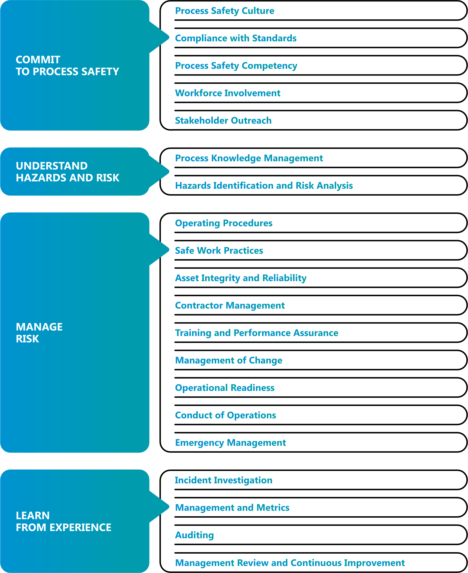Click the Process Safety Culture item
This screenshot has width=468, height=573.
coord(224,11)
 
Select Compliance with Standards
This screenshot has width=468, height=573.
coord(236,38)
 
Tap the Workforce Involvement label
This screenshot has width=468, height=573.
coord(227,93)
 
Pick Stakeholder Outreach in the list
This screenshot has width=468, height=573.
coord(223,121)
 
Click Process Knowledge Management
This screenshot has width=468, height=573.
coord(249,158)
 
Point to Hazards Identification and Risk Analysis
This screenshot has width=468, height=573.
coord(264,186)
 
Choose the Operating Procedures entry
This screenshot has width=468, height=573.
coord(224,223)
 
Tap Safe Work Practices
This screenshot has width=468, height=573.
coord(219,251)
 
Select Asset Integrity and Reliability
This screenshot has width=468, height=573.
coord(241,278)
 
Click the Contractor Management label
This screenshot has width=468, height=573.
coord(230,306)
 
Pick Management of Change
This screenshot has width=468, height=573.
coord(228,360)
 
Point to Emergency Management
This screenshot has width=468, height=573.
coord(230,443)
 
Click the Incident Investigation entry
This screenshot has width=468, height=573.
coord(223,480)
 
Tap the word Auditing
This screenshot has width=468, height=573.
coord(194,535)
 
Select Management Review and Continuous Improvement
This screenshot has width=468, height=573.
coord(290,563)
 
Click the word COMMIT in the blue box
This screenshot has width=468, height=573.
coord(38,60)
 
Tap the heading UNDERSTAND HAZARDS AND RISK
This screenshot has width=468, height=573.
coord(68,172)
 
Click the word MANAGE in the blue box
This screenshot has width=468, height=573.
coord(39,327)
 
